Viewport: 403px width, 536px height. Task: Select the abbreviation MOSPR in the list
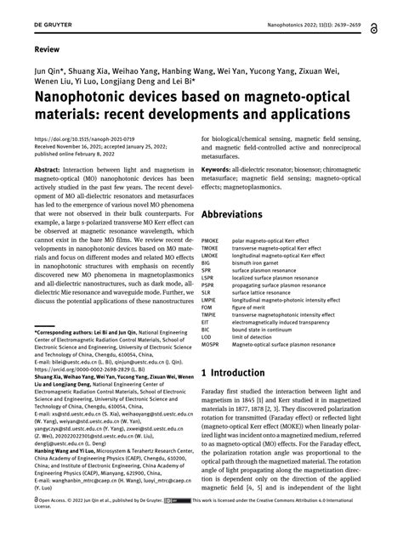click(211, 344)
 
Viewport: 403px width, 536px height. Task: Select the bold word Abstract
click(48, 171)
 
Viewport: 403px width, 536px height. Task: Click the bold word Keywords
click(219, 171)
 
